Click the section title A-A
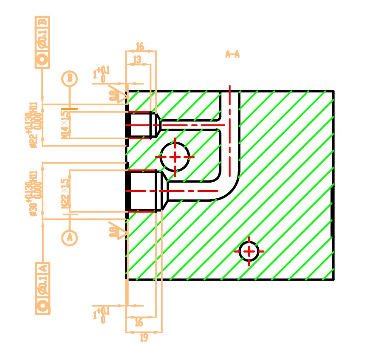pyautogui.click(x=232, y=54)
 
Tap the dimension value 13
pyautogui.click(x=137, y=60)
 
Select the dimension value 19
pyautogui.click(x=144, y=338)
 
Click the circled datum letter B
pyautogui.click(x=70, y=79)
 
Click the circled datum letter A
pyautogui.click(x=70, y=238)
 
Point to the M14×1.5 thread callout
pyautogui.click(x=65, y=125)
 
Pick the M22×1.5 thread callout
pyautogui.click(x=65, y=193)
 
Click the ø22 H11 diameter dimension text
pyautogui.click(x=34, y=125)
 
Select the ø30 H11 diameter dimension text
pyautogui.click(x=34, y=193)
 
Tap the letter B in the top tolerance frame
pyautogui.click(x=42, y=22)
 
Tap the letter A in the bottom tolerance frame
pyautogui.click(x=42, y=268)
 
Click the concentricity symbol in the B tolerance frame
pyautogui.click(x=42, y=60)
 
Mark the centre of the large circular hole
pyautogui.click(x=175, y=157)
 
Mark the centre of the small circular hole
pyautogui.click(x=249, y=251)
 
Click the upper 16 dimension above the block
pyautogui.click(x=140, y=46)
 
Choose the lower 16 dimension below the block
pyautogui.click(x=138, y=323)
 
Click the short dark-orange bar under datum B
pyautogui.click(x=69, y=109)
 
